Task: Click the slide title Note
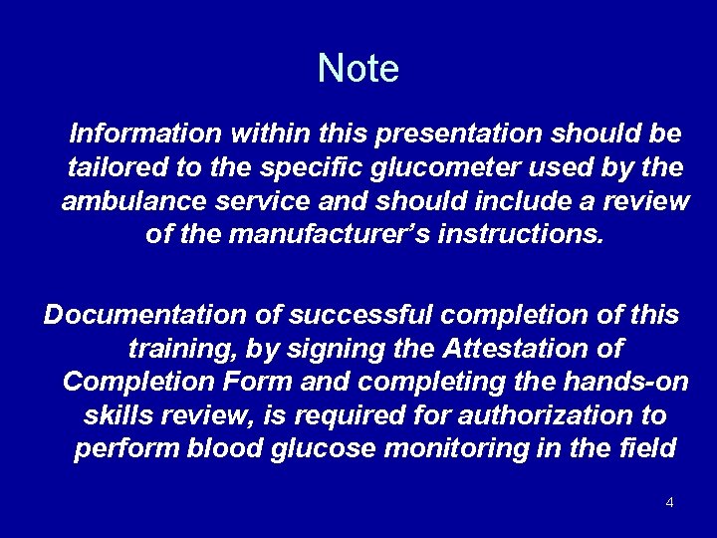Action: coord(358,69)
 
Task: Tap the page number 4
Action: coord(669,502)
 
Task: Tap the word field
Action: coord(648,449)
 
